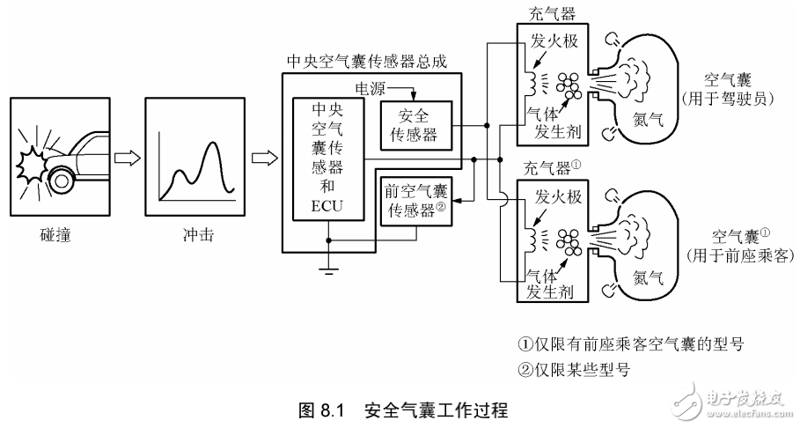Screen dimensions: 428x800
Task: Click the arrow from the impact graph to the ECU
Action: pyautogui.click(x=262, y=158)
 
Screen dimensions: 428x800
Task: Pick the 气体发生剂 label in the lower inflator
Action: pyautogui.click(x=549, y=283)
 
